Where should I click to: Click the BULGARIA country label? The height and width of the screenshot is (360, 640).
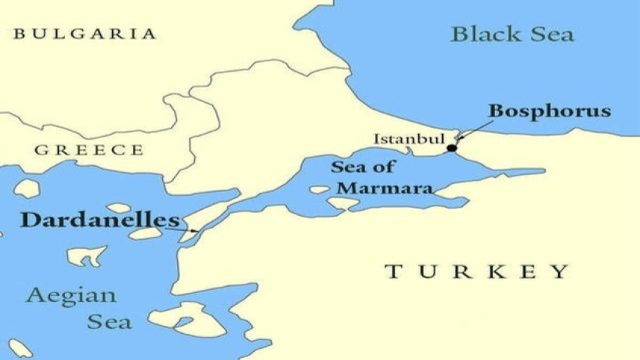pos(85,34)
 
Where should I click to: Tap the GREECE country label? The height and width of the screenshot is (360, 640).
pos(88,150)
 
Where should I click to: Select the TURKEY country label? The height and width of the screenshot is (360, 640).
pos(476,271)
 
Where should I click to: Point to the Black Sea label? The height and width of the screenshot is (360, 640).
pos(513,34)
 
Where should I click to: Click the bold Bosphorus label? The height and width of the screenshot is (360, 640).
pos(550,111)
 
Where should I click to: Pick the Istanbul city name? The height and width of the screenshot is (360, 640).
pos(408,139)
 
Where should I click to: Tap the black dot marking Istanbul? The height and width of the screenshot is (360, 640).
pos(451,148)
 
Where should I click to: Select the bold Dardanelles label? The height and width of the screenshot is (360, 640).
pos(100,220)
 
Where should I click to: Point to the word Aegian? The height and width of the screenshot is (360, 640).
pos(71,295)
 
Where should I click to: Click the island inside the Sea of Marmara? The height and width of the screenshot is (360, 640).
pos(320,190)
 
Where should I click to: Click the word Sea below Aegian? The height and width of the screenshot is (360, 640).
pos(109,322)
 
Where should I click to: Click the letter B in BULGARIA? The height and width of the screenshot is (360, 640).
pos(19,34)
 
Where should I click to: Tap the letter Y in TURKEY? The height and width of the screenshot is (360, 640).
pos(560,271)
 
